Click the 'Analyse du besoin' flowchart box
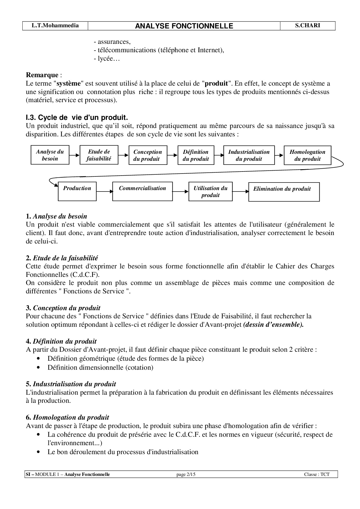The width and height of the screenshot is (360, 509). [x=50, y=155]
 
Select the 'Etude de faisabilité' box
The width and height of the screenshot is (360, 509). [x=99, y=155]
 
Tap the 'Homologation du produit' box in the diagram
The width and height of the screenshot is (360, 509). [x=307, y=155]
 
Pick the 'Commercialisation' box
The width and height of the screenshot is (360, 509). [x=142, y=191]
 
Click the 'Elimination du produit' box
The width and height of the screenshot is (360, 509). [x=284, y=192]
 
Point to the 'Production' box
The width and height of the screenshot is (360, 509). [x=77, y=191]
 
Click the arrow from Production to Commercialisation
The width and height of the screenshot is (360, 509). [x=104, y=192]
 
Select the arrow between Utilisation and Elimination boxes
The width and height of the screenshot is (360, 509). [x=240, y=192]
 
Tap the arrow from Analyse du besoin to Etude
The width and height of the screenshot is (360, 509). [x=74, y=155]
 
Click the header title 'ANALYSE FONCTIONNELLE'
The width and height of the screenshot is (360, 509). [x=184, y=26]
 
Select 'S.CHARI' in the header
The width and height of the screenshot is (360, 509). [x=307, y=26]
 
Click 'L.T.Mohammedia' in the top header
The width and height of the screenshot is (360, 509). [x=55, y=26]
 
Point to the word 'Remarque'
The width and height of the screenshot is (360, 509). [x=42, y=75]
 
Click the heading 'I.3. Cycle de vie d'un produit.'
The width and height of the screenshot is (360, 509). [x=77, y=118]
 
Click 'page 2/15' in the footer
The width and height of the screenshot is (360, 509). [x=186, y=474]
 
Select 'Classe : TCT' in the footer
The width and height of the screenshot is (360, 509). [x=317, y=474]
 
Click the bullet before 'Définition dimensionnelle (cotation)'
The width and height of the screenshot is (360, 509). [x=38, y=367]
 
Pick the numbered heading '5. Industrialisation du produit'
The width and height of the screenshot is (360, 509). [x=71, y=384]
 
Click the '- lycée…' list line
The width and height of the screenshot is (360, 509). [x=107, y=59]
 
